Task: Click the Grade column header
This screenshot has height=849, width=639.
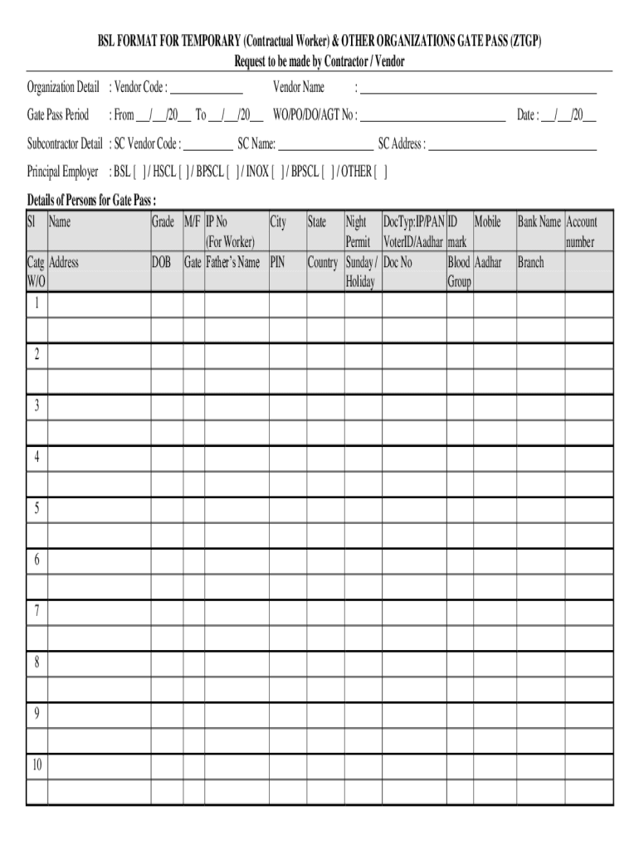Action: (163, 222)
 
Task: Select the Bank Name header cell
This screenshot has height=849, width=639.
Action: (539, 222)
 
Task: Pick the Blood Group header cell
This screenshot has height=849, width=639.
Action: (460, 272)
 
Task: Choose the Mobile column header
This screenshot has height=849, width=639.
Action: (488, 222)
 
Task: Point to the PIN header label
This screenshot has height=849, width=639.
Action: (278, 263)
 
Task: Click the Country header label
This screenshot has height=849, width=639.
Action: (323, 263)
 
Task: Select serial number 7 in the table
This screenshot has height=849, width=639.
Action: (37, 612)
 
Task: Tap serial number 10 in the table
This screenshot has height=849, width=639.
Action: (37, 765)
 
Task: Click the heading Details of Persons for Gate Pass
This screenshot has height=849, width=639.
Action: (91, 201)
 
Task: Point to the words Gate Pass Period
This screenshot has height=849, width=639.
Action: (58, 116)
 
